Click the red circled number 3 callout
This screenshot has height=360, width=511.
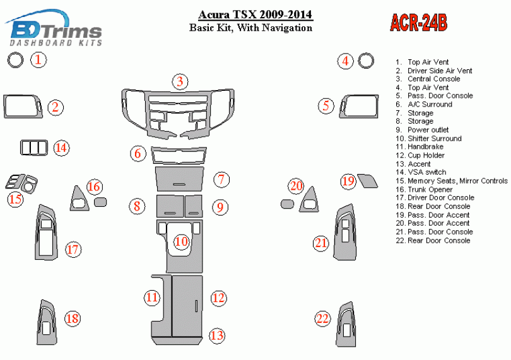coord(180,81)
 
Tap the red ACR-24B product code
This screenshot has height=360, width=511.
coord(418,23)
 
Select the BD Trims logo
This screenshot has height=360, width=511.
coord(53,28)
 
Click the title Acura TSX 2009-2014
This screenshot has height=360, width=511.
coord(255,15)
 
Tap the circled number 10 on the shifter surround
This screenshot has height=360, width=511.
coord(182,241)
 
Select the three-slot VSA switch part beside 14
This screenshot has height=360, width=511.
coord(34,148)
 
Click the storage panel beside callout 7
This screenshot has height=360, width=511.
coord(180,179)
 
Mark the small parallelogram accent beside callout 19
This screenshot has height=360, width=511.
coord(368,181)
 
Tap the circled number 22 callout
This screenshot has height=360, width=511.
coord(322,318)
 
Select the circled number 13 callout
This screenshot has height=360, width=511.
coord(218,335)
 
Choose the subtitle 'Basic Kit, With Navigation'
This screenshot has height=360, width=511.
coord(250,28)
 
